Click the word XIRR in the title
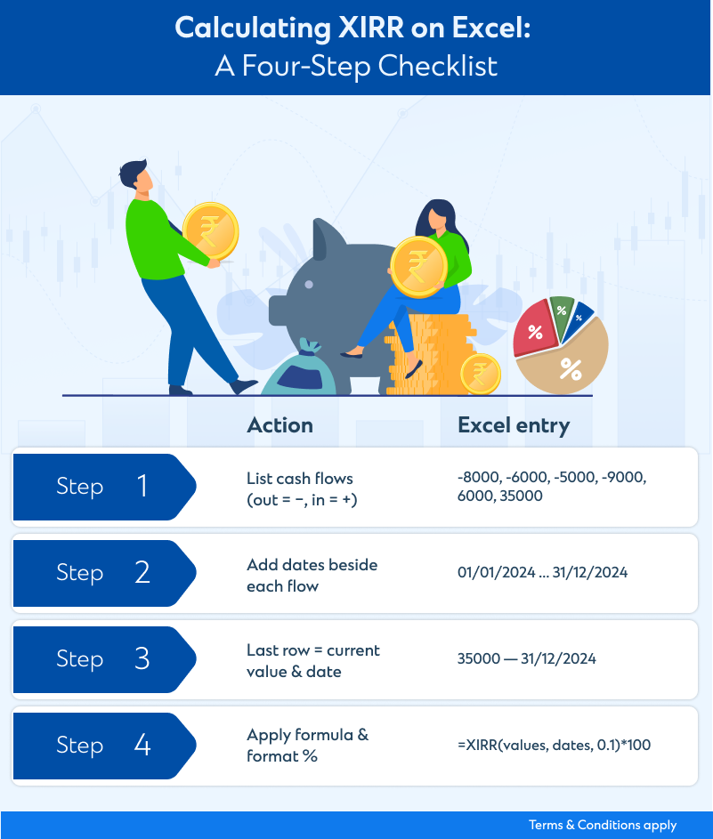pos(371,28)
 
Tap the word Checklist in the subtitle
pos(438,67)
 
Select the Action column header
pos(280,425)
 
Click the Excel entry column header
pos(514,426)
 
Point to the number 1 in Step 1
pos(142,486)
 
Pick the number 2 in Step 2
pos(142,572)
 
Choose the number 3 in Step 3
pos(142,658)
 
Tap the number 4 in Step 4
pos(142,745)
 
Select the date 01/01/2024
pos(496,573)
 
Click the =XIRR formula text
pos(554,745)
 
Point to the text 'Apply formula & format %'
pos(308,746)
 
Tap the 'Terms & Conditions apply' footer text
pos(603,825)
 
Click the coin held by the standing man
pos(211,231)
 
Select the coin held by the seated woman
pos(418,267)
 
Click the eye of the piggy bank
pos(309,285)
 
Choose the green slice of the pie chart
pos(562,316)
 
